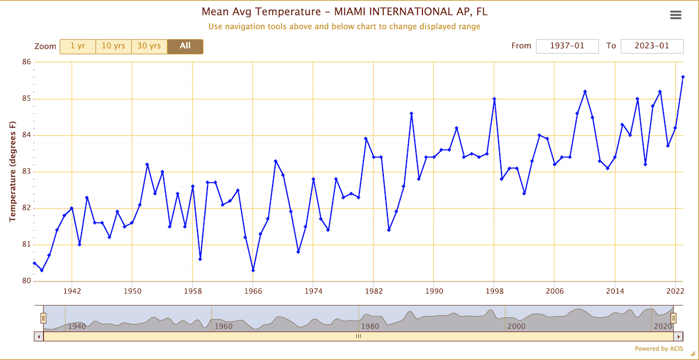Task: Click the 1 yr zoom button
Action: pos(77,47)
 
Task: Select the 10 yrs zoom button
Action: pos(113,47)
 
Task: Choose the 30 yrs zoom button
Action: pos(149,47)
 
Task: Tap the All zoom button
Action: pos(185,47)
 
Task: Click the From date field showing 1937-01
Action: pos(567,46)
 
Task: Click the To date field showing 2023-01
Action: pos(652,46)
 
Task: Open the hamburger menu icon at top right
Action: pos(676,15)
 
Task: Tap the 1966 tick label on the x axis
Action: pos(253,291)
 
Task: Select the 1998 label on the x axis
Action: pos(494,291)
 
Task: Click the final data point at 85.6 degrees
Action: pos(683,77)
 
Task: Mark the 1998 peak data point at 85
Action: pos(494,99)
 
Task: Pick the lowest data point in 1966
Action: pos(253,270)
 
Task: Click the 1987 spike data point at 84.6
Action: pos(411,114)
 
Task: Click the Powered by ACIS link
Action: pos(658,349)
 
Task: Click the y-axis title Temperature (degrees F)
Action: pos(12,171)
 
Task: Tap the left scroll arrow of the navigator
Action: pos(39,336)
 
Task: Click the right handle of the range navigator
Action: pos(673,318)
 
